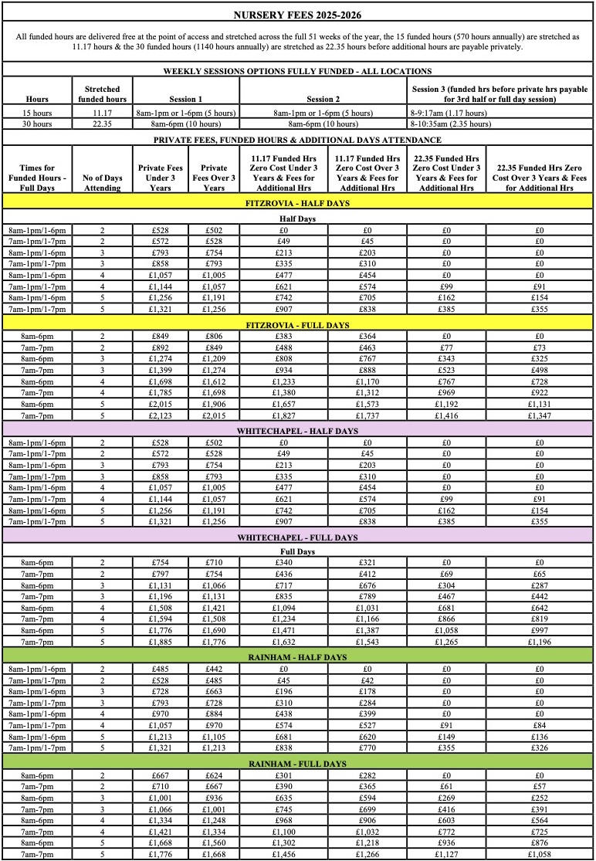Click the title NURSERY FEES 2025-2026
point(297,14)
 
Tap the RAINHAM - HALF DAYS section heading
point(297,656)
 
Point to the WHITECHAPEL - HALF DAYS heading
point(297,430)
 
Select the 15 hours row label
point(37,112)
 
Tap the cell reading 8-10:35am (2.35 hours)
point(451,123)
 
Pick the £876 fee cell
point(540,842)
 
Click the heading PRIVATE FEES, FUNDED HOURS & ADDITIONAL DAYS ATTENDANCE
point(297,140)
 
